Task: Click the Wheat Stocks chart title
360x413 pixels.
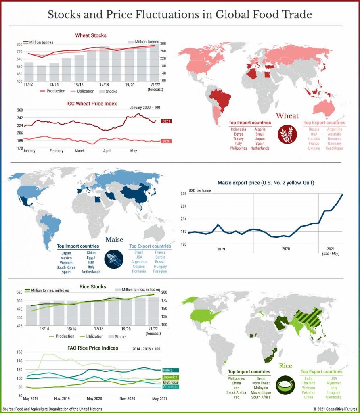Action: [91, 35]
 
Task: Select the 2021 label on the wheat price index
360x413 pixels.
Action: [166, 121]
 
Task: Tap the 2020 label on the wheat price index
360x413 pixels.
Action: [166, 141]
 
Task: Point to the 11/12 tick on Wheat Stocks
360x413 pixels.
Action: [28, 84]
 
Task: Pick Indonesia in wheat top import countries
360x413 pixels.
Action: [238, 129]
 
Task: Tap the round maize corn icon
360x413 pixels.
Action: [114, 259]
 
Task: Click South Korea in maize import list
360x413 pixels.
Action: [66, 267]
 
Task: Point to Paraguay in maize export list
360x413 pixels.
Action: [160, 271]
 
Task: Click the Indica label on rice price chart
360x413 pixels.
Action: [168, 370]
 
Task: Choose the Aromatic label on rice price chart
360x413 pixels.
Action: [170, 387]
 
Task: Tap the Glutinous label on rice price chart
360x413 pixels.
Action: [171, 382]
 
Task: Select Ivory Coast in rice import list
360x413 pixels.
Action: [260, 383]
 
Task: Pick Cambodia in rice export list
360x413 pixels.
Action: [333, 397]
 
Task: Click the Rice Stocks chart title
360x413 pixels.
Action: [93, 287]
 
